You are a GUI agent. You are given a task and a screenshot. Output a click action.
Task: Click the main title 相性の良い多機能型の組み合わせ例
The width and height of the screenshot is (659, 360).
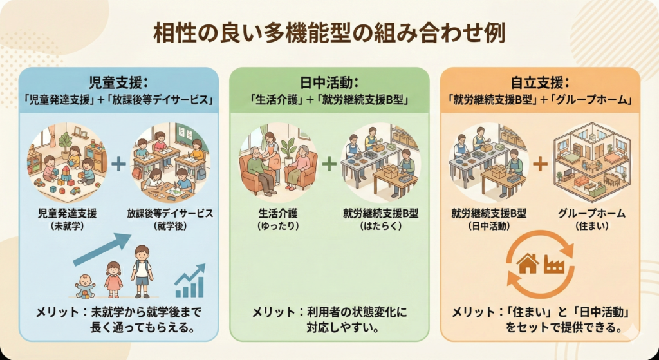click(329, 33)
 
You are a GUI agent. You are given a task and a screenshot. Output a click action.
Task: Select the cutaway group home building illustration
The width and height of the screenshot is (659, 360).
click(591, 161)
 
